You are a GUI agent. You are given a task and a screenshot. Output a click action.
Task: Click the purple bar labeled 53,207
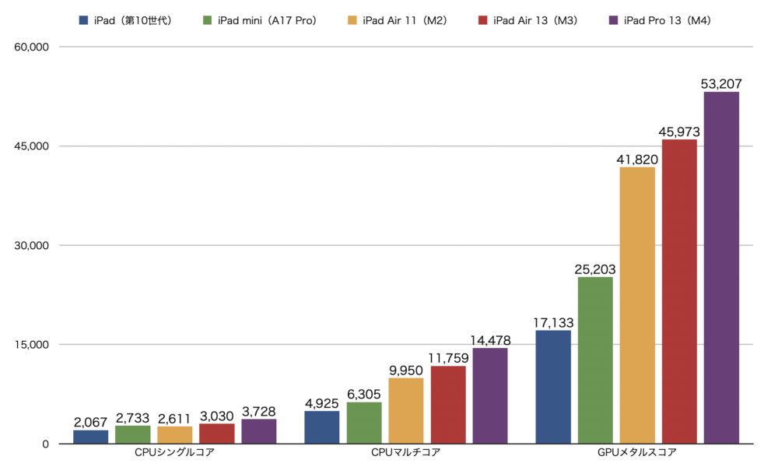coord(721,268)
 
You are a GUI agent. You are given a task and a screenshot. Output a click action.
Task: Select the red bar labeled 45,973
coord(679,291)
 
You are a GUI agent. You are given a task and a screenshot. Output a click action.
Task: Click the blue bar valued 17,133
coord(553,387)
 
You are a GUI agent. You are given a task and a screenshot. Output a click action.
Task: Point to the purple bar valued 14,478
coord(490,395)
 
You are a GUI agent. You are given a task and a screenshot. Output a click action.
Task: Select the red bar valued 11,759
coord(448,405)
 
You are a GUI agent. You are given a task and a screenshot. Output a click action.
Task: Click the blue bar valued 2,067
coord(90,437)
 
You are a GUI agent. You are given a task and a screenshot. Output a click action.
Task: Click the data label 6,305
coord(364,394)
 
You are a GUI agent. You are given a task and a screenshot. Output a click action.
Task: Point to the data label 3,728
coord(258,410)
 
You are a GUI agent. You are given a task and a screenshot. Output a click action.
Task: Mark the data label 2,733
coord(133,416)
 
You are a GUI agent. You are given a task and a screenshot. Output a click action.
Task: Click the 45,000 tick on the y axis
coord(32,146)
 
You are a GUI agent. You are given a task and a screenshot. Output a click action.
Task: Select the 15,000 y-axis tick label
coord(32,345)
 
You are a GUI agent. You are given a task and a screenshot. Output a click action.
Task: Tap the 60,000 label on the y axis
coord(32,47)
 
